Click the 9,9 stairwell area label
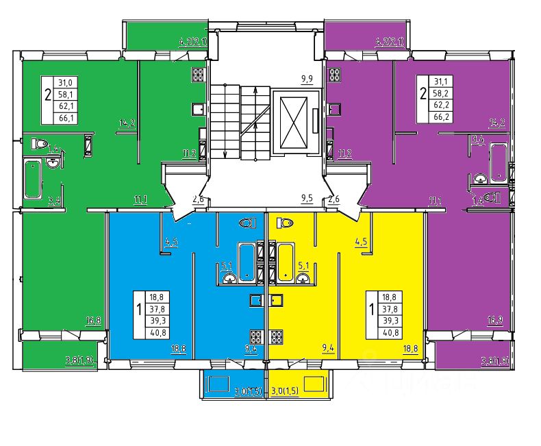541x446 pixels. click(306, 79)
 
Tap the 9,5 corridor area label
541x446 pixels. click(306, 199)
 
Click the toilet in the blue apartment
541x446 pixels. click(247, 223)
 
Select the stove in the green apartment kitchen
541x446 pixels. click(199, 75)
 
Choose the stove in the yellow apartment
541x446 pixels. click(277, 337)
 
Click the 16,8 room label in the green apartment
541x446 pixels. click(94, 319)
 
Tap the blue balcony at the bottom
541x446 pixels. click(231, 384)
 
